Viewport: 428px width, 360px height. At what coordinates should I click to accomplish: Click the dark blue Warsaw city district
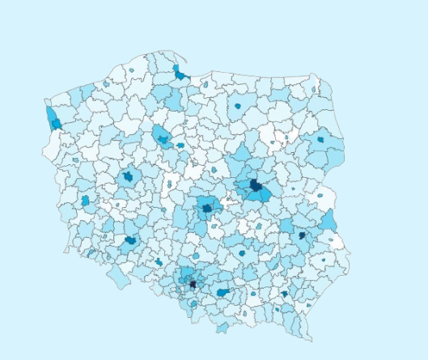pyautogui.click(x=256, y=185)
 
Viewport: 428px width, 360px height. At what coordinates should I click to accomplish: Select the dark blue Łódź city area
pyautogui.click(x=207, y=208)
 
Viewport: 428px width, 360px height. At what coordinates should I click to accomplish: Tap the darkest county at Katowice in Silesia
pyautogui.click(x=193, y=284)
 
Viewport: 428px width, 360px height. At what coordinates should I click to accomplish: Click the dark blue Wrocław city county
pyautogui.click(x=130, y=240)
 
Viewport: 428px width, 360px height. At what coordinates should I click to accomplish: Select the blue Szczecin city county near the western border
pyautogui.click(x=55, y=123)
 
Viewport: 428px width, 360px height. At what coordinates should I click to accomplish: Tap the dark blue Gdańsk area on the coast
pyautogui.click(x=179, y=74)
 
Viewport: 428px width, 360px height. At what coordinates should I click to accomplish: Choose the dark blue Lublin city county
pyautogui.click(x=302, y=235)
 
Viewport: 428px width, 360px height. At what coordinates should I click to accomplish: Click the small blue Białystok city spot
pyautogui.click(x=320, y=139)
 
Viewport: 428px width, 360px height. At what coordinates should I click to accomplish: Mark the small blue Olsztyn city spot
pyautogui.click(x=238, y=105)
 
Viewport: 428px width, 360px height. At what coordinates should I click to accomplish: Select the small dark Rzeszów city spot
pyautogui.click(x=284, y=294)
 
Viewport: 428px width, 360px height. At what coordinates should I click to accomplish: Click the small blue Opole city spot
pyautogui.click(x=159, y=262)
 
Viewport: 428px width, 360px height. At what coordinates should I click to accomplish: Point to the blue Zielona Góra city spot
pyautogui.click(x=85, y=200)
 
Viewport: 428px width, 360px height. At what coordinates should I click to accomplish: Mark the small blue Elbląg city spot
pyautogui.click(x=206, y=83)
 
